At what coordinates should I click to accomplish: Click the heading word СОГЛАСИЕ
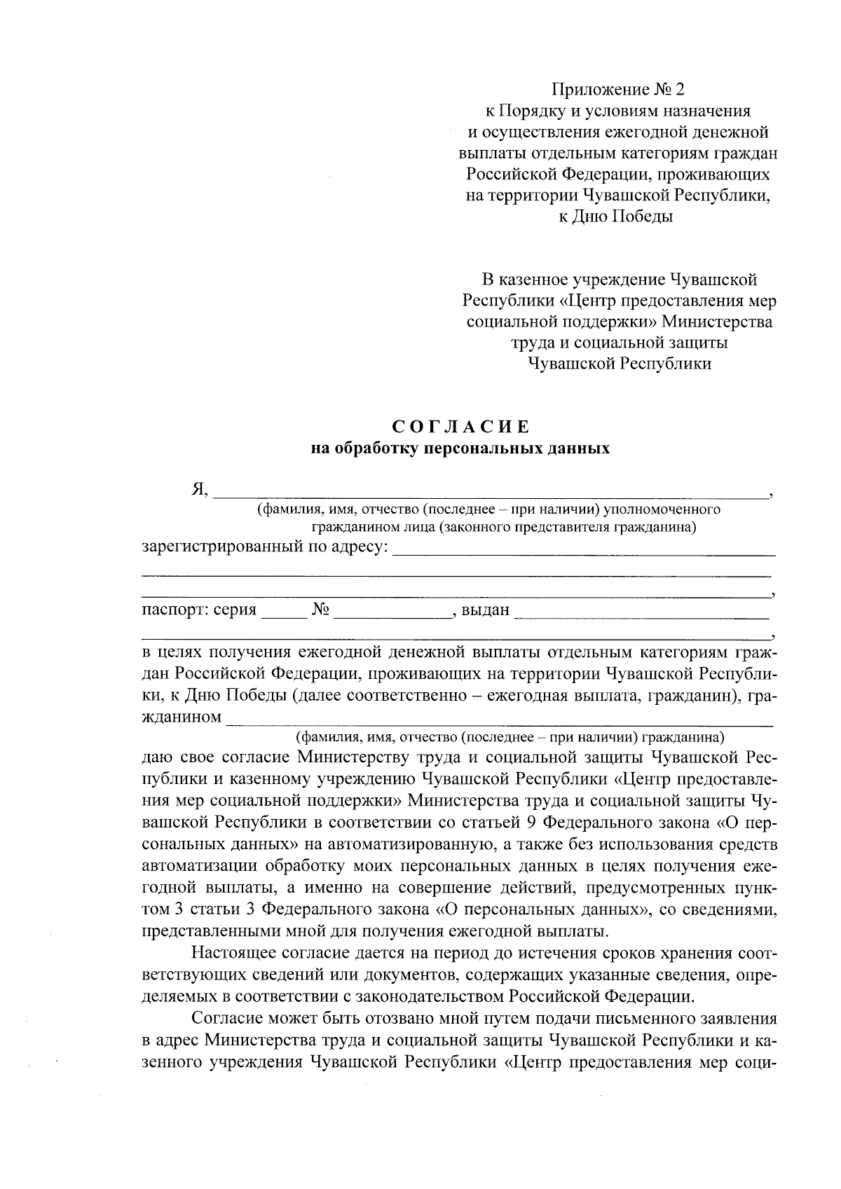460,427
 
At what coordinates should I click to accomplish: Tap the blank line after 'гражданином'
500,722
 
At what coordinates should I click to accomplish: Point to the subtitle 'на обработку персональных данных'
460,448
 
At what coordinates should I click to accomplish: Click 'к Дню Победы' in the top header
615,217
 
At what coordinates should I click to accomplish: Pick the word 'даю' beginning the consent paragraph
156,757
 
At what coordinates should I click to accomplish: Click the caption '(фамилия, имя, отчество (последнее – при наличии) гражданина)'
510,737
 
